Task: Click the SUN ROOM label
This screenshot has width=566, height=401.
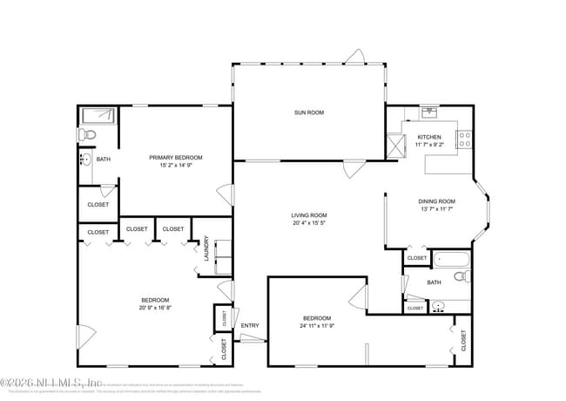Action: point(308,112)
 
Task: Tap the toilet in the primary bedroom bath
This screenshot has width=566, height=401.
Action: point(85,134)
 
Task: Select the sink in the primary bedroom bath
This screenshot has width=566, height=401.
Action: point(85,160)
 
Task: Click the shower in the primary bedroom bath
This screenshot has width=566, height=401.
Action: point(99,116)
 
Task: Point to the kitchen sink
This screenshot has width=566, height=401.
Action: point(429,112)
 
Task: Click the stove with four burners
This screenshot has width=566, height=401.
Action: point(464,136)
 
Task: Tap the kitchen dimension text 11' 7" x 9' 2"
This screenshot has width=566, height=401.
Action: point(429,146)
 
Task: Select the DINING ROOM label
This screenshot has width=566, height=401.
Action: point(437,201)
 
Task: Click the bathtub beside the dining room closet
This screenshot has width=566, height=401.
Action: point(450,258)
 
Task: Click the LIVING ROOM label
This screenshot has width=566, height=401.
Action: point(308,215)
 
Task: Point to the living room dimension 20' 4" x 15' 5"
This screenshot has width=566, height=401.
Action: point(308,223)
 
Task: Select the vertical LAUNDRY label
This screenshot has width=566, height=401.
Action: point(206,249)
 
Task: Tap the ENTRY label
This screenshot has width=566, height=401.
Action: point(250,326)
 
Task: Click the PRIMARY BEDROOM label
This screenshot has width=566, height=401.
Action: point(175,158)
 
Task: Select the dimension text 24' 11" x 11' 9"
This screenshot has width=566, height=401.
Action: point(317,326)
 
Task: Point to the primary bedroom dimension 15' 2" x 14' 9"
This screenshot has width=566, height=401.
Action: point(175,166)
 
